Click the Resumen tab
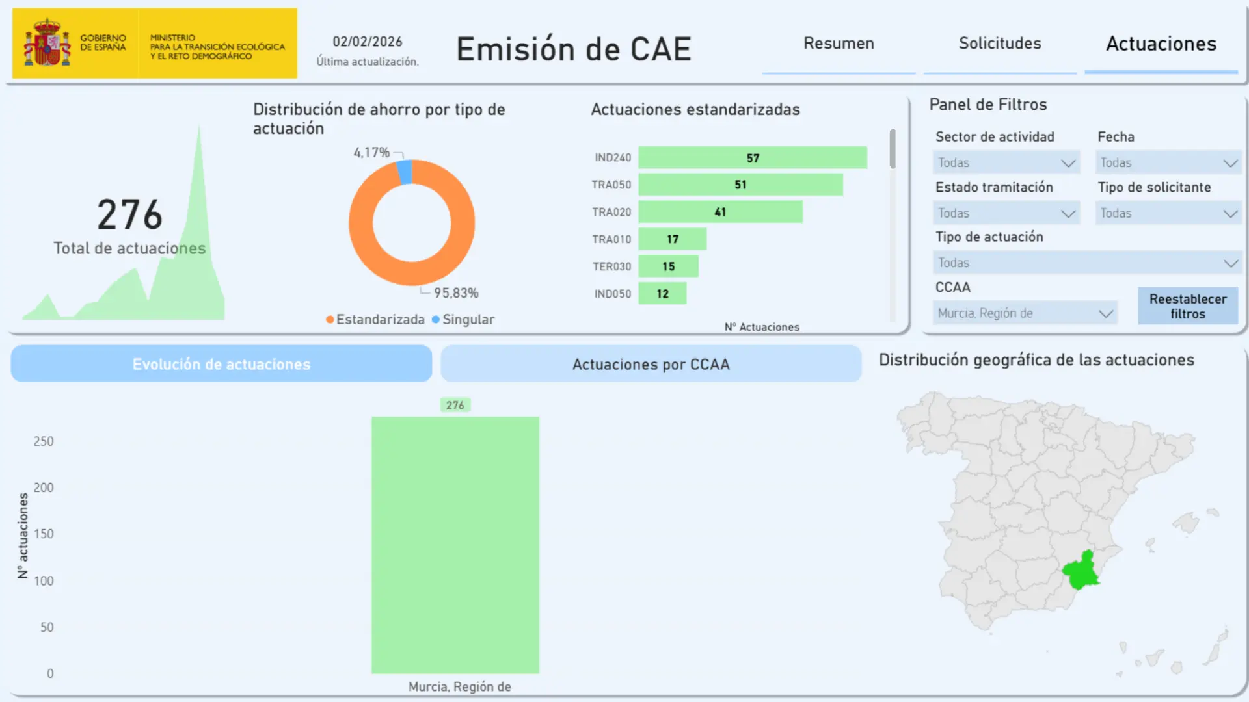839,44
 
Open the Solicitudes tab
1000,44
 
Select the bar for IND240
752,158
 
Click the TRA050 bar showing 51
740,185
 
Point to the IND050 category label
612,294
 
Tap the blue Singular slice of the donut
405,172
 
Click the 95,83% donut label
456,293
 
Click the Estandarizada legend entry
375,320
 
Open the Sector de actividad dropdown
1006,163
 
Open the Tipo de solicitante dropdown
1168,213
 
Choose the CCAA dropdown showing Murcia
1025,313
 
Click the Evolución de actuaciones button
221,364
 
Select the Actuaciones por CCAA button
651,364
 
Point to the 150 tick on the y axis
44,534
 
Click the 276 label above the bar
455,406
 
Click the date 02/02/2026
367,42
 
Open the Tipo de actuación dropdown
1086,263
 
